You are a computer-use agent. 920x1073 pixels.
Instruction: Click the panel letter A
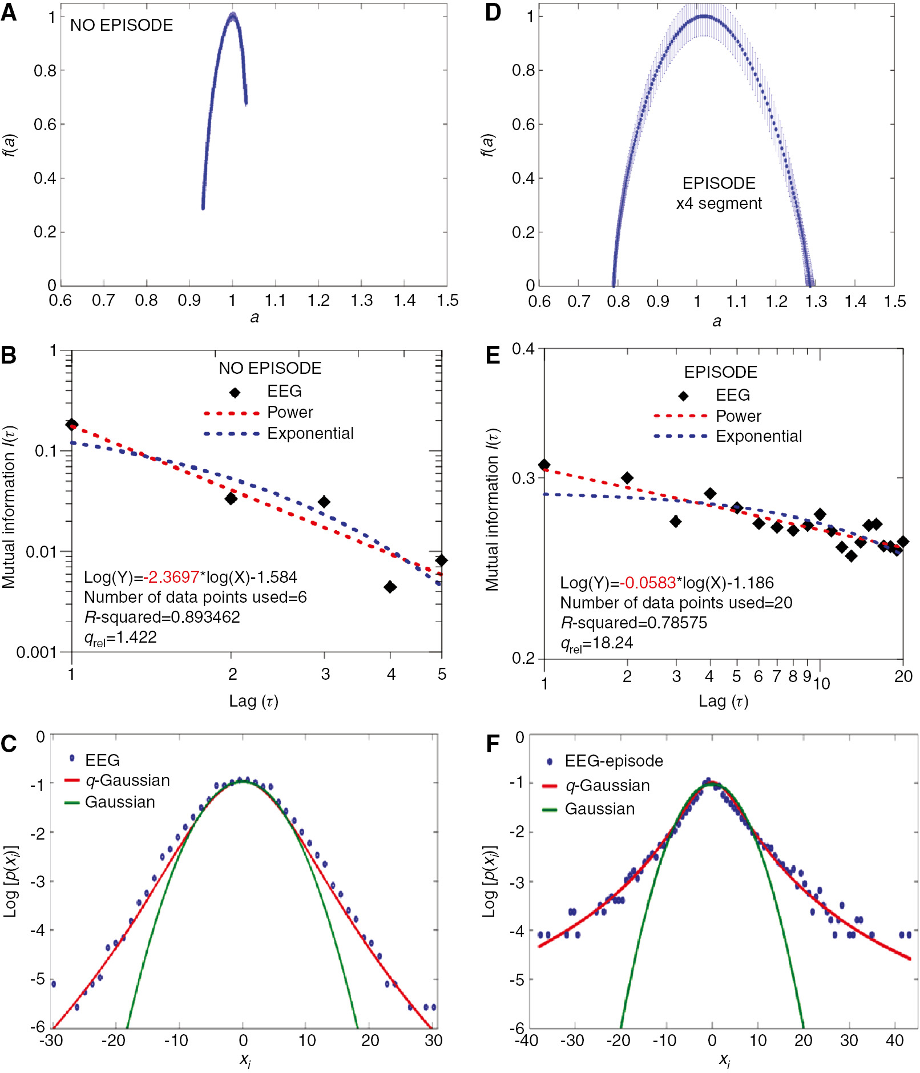(x=9, y=12)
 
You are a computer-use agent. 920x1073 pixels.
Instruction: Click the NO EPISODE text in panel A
(x=122, y=25)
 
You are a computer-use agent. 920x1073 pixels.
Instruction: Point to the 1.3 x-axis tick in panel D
(x=816, y=301)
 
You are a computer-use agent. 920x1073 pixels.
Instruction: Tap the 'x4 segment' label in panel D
(x=719, y=203)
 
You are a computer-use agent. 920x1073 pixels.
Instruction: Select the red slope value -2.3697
(x=171, y=577)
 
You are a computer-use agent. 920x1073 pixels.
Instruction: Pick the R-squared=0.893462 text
(x=162, y=617)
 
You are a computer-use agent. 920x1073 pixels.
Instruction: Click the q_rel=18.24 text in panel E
(x=596, y=643)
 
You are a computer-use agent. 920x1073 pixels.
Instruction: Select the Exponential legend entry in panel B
(x=310, y=433)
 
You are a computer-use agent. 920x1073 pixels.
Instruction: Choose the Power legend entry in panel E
(x=738, y=416)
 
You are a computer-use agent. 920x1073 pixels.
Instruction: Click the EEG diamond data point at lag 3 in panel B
(x=324, y=502)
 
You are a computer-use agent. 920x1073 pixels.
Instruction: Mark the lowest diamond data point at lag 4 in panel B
(x=390, y=587)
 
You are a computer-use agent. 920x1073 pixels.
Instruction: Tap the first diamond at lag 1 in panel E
(x=544, y=465)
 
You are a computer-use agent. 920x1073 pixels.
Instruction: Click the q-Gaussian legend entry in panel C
(x=127, y=780)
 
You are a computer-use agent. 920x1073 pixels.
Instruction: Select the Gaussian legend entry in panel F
(x=599, y=809)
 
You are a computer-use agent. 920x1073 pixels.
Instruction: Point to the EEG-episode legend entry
(x=614, y=761)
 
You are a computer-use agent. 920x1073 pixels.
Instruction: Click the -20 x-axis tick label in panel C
(x=113, y=1040)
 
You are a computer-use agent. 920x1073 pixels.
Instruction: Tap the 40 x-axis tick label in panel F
(x=894, y=1040)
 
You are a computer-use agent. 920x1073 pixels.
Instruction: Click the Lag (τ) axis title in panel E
(x=723, y=701)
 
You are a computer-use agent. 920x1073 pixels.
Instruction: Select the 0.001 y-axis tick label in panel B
(x=37, y=652)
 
